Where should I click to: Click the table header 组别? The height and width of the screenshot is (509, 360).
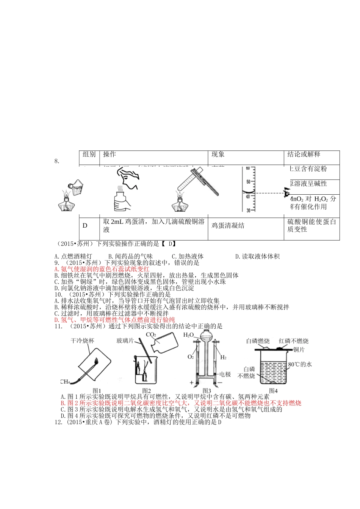coord(89,155)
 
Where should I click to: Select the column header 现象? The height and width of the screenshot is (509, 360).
coord(218,155)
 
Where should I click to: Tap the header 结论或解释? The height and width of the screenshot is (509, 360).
coord(304,155)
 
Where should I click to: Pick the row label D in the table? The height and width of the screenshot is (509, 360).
coord(85,226)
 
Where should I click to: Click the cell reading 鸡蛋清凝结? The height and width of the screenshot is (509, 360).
coord(228,226)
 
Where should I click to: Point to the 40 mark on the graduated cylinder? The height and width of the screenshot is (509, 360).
coord(247,196)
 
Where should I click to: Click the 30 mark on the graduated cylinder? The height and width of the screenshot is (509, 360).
coord(247,210)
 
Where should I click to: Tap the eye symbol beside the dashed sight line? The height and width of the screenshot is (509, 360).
coord(286,193)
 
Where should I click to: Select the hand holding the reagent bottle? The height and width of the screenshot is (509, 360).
coord(122,201)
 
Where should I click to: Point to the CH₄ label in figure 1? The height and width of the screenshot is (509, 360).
coord(64,381)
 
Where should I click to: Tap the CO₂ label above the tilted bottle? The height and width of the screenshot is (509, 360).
coord(150,335)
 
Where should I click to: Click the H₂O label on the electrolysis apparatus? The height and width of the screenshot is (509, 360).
coord(188,335)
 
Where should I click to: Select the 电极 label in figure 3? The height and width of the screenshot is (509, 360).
coord(225,374)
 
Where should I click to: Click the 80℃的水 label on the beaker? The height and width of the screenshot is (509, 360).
coord(300,364)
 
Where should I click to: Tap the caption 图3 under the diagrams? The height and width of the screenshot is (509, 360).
coord(207,391)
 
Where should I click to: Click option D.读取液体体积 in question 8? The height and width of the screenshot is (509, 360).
coord(257,256)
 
